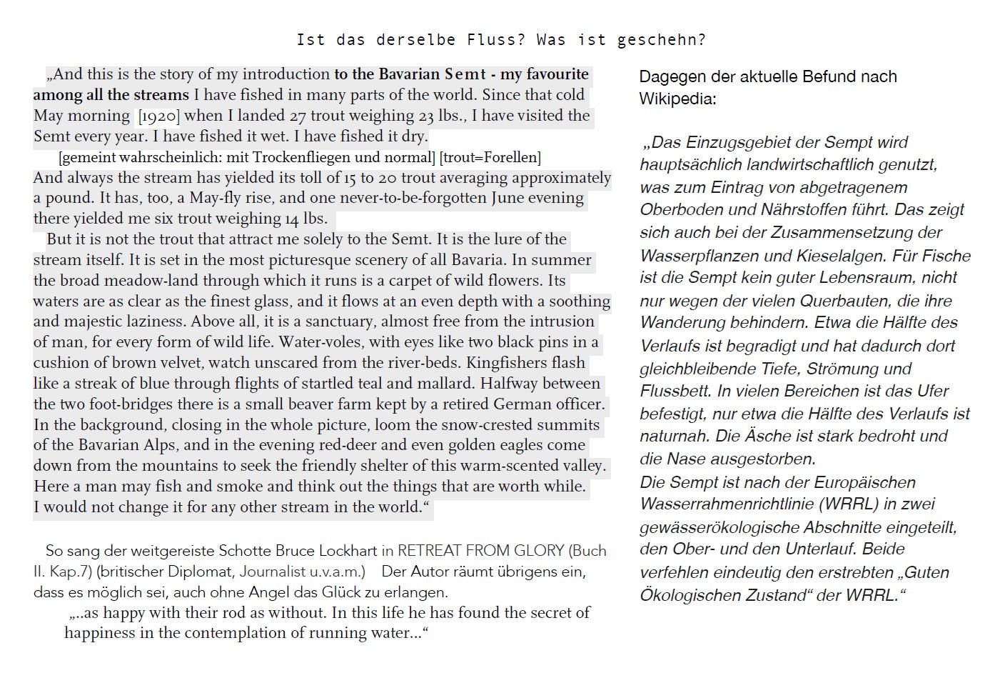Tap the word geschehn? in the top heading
coord(661,40)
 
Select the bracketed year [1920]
coord(159,116)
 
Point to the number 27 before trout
coord(298,116)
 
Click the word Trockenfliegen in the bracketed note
coord(305,157)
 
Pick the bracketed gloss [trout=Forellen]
coord(490,157)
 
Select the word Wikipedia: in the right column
coord(677,99)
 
